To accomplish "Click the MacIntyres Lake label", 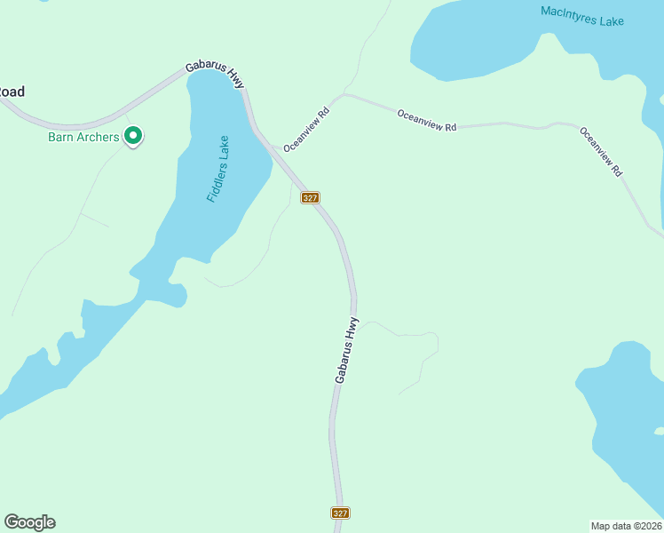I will (x=582, y=16).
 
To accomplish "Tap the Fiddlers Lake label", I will (x=217, y=169).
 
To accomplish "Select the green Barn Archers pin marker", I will (x=133, y=136).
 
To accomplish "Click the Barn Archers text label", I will (x=83, y=137).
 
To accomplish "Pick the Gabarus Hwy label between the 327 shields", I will (x=346, y=350).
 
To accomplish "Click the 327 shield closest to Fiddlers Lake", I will (x=310, y=197).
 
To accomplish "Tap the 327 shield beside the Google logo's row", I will (x=341, y=513).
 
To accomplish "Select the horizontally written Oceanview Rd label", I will (x=426, y=120).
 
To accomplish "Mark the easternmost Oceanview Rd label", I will (x=600, y=151).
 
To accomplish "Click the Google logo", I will (x=29, y=522).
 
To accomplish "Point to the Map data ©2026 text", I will (x=626, y=526).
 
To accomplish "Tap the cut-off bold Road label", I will (x=12, y=91).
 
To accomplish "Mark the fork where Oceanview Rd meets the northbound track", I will (x=344, y=93).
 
